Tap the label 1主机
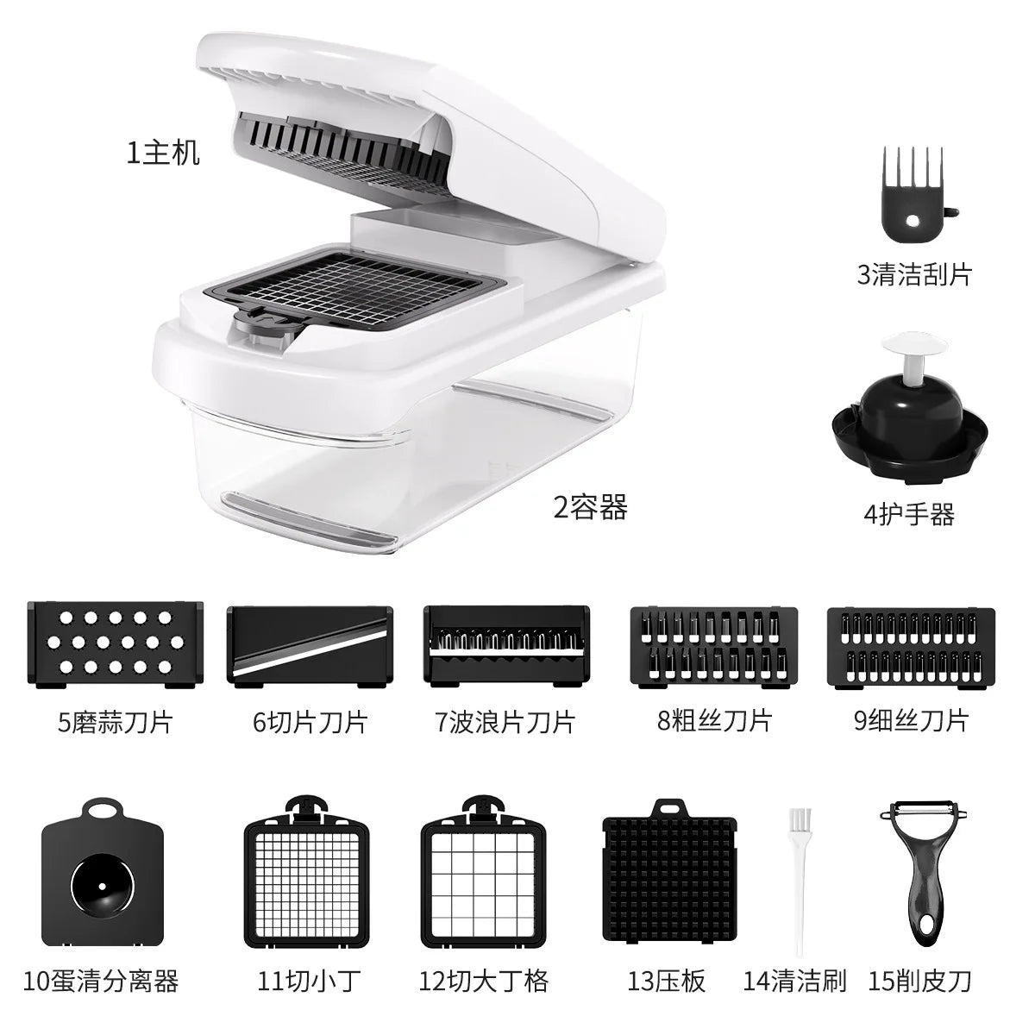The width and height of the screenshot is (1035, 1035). pos(164,154)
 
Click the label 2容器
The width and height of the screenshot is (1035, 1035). pos(591,507)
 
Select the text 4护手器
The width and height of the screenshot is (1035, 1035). pos(909,514)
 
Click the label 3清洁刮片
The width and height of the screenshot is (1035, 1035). pos(914,274)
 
